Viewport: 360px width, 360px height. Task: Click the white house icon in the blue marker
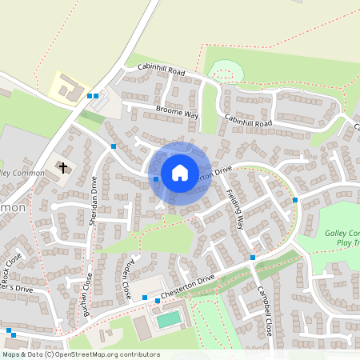click(180, 172)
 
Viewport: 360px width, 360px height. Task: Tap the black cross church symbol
click(62, 168)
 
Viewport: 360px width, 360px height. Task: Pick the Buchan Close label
click(88, 294)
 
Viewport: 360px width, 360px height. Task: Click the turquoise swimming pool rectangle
click(168, 319)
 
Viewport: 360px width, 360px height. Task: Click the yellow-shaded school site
click(67, 86)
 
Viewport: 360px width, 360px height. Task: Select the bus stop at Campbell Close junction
click(252, 258)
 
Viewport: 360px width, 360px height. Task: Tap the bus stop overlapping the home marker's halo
click(155, 179)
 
